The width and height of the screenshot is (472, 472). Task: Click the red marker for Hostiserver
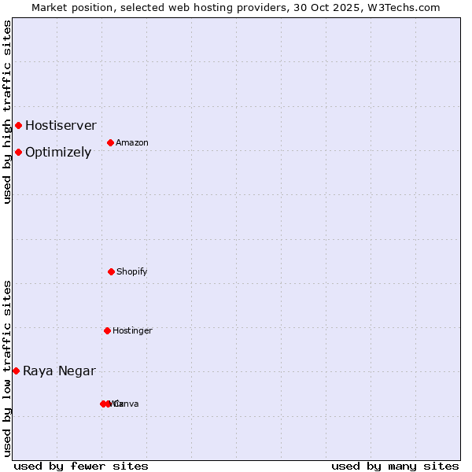pyautogui.click(x=18, y=125)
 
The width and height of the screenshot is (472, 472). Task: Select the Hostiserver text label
pyautogui.click(x=61, y=125)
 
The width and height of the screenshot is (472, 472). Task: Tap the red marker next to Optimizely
pyautogui.click(x=18, y=152)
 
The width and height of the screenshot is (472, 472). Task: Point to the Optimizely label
pyautogui.click(x=58, y=153)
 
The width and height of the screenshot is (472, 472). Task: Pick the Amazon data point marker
pyautogui.click(x=111, y=142)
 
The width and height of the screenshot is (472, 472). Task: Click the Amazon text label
pyautogui.click(x=132, y=143)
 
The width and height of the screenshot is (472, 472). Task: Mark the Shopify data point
pyautogui.click(x=111, y=271)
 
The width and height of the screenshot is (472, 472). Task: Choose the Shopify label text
pyautogui.click(x=132, y=272)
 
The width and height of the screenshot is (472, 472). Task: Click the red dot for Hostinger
pyautogui.click(x=107, y=330)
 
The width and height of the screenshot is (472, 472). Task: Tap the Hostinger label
pyautogui.click(x=132, y=331)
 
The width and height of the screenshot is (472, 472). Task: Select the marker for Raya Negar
pyautogui.click(x=16, y=371)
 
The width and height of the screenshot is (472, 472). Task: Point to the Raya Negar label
pyautogui.click(x=59, y=371)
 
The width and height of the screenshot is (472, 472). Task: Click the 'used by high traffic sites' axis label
pyautogui.click(x=7, y=112)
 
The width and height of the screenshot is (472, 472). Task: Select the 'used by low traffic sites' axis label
pyautogui.click(x=7, y=368)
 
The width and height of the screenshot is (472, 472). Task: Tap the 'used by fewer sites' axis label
pyautogui.click(x=81, y=466)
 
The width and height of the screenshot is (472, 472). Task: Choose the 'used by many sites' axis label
pyautogui.click(x=395, y=466)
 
